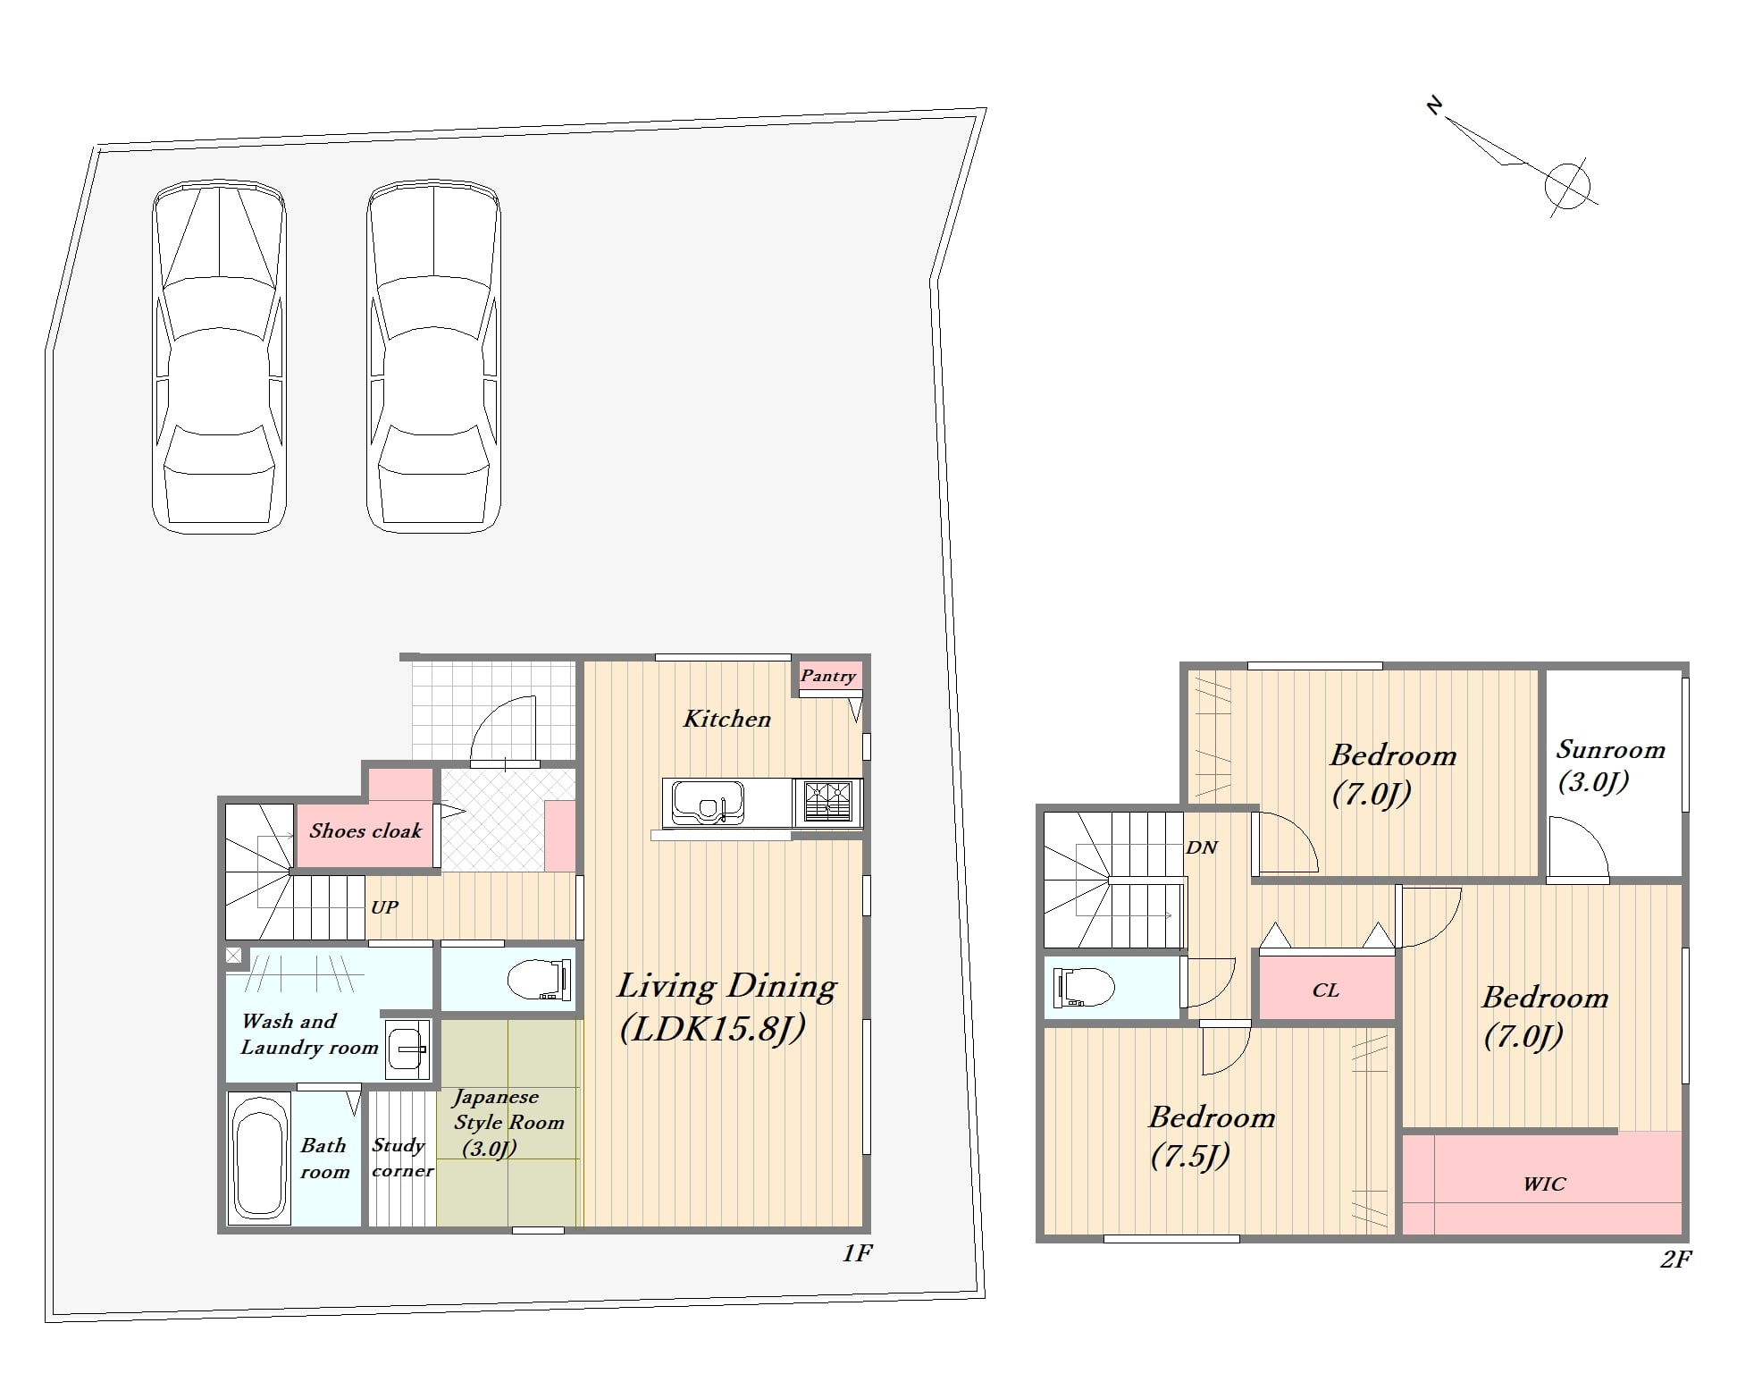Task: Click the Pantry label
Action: (827, 676)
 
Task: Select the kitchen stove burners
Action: (828, 801)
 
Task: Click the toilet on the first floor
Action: (540, 980)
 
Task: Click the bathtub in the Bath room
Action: (260, 1159)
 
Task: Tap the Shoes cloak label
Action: (365, 830)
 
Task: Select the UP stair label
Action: (384, 906)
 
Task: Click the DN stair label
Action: (1202, 847)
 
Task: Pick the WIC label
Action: (1545, 1184)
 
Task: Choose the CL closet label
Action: (1326, 990)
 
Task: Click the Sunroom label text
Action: (1611, 750)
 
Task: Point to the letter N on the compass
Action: (1435, 107)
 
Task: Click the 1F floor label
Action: (856, 1253)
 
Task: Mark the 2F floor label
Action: (1676, 1260)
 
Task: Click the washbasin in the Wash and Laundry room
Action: (408, 1049)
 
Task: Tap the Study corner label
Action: (402, 1158)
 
